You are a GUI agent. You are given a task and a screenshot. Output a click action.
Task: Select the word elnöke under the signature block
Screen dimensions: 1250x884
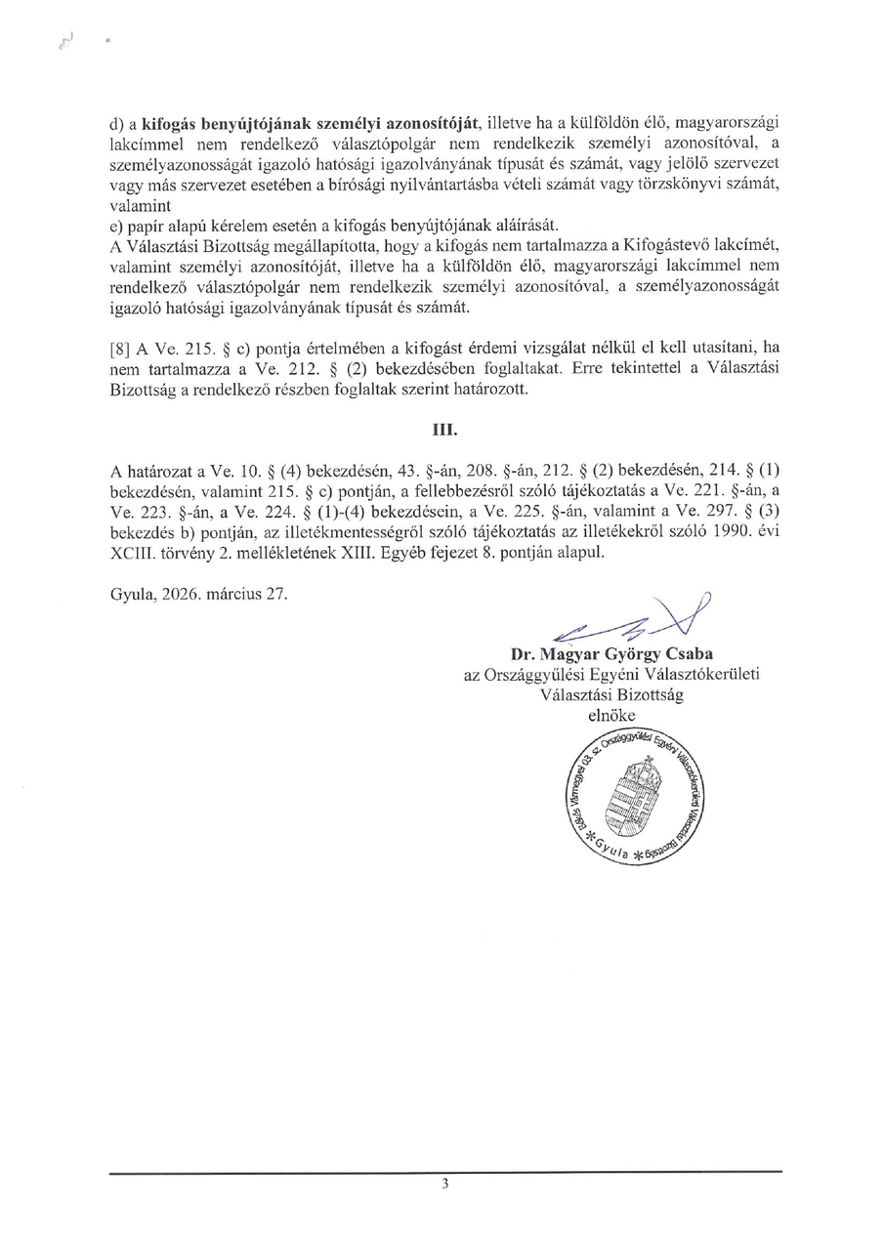[x=611, y=716]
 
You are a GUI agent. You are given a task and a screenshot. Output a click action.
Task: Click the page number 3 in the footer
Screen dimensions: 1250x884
[x=445, y=1184]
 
